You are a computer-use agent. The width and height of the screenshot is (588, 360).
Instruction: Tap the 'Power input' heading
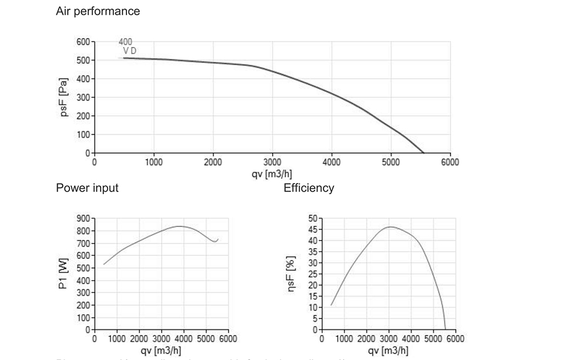pyautogui.click(x=87, y=188)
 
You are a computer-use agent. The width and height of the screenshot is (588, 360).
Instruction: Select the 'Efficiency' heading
pyautogui.click(x=309, y=188)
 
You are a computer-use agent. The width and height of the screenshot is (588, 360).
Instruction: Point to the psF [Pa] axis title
pyautogui.click(x=65, y=97)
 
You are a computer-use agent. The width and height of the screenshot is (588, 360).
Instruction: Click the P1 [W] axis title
pyautogui.click(x=65, y=274)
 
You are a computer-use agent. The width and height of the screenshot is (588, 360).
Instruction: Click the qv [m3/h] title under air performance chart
pyautogui.click(x=272, y=174)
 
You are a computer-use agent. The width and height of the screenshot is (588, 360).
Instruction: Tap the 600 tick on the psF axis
pyautogui.click(x=84, y=42)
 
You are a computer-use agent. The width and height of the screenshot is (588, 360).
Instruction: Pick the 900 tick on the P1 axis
pyautogui.click(x=83, y=218)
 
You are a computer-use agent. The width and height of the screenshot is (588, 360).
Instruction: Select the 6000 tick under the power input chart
pyautogui.click(x=228, y=339)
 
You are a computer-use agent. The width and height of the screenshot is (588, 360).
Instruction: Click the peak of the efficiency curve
pyautogui.click(x=390, y=226)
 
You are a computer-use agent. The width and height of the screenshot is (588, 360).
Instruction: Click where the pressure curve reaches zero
pyautogui.click(x=424, y=153)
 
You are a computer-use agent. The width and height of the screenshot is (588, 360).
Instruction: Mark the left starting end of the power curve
pyautogui.click(x=104, y=264)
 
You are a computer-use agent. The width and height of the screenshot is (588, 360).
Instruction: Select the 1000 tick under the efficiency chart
pyautogui.click(x=344, y=339)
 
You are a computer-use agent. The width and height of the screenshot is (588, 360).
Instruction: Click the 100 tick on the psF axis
pyautogui.click(x=84, y=135)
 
